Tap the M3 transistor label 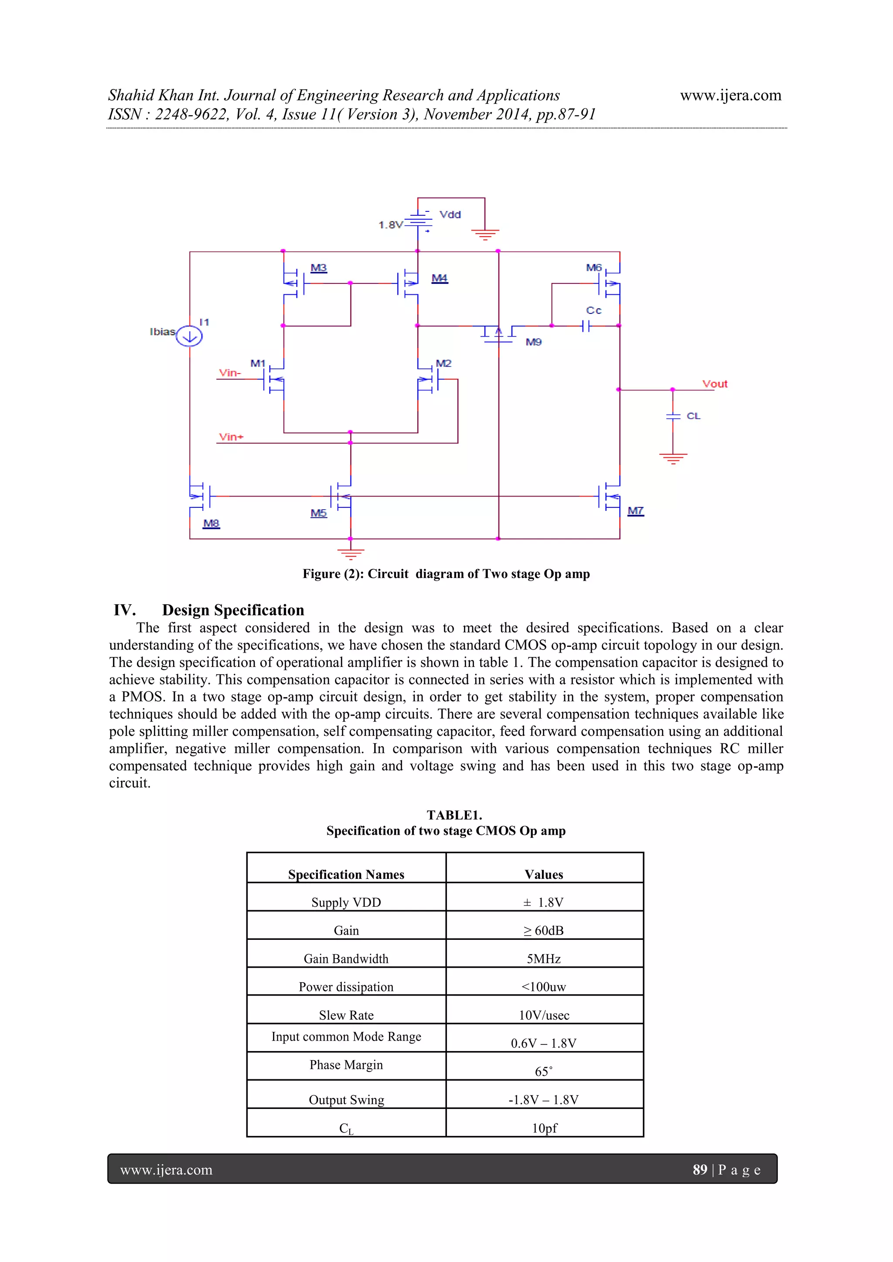pos(318,268)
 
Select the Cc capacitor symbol pos(586,326)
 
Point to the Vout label pos(714,384)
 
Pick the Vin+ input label pos(231,437)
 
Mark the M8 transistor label pos(211,523)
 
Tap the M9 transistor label pos(533,342)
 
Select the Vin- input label pos(230,373)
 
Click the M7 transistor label pos(635,510)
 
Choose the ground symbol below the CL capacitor pos(672,458)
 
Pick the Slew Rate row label pos(346,1015)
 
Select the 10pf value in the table pos(544,1128)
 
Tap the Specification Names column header pos(346,874)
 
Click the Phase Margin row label pos(346,1065)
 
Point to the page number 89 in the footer pos(699,1169)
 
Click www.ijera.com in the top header pos(730,95)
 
